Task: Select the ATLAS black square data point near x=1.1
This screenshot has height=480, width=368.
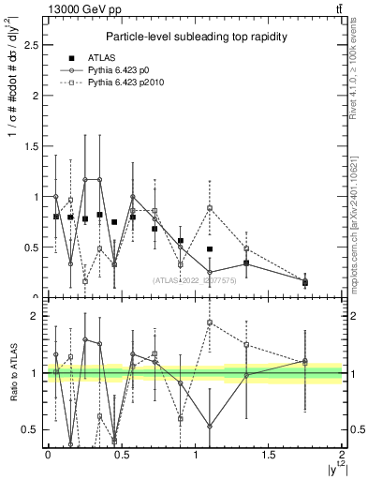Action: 210,249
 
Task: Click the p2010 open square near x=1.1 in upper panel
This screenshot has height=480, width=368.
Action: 210,208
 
